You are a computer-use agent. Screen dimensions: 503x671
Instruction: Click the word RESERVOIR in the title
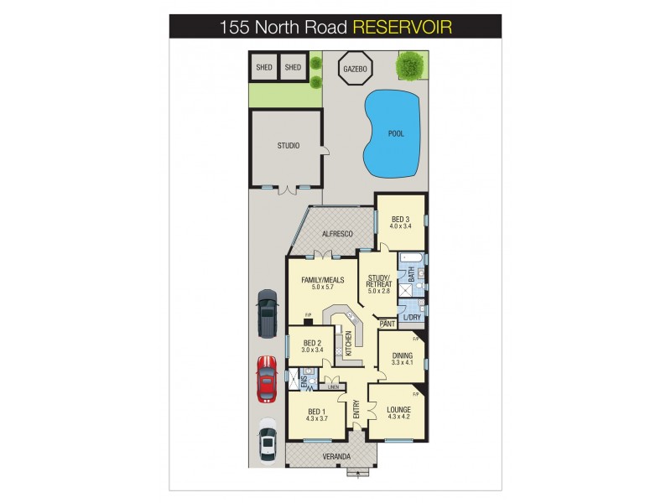point(402,27)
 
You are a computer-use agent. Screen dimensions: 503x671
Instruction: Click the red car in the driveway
point(266,378)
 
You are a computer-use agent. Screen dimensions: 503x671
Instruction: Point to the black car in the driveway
point(267,313)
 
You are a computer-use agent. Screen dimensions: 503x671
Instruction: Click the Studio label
point(288,146)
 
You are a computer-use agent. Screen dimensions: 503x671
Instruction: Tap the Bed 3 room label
point(400,219)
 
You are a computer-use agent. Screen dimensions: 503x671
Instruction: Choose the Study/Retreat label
point(379,281)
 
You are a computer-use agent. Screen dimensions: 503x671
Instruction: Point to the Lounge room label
point(398,410)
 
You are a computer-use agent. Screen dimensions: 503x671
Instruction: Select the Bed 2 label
point(312,343)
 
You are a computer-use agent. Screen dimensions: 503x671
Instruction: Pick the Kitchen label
point(348,343)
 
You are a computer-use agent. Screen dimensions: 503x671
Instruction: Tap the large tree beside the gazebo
point(409,63)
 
